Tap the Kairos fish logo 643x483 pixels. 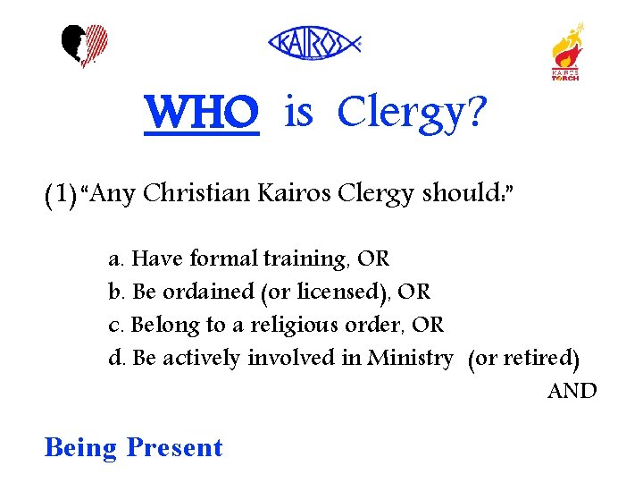pyautogui.click(x=314, y=42)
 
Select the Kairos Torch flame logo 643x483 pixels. pyautogui.click(x=565, y=51)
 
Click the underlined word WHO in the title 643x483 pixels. pyautogui.click(x=202, y=114)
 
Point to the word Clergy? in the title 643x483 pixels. pyautogui.click(x=413, y=114)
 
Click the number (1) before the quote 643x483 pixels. pyautogui.click(x=60, y=193)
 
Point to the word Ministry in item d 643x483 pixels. pyautogui.click(x=410, y=358)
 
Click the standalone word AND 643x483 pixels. pyautogui.click(x=572, y=391)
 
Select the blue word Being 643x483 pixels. pyautogui.click(x=80, y=446)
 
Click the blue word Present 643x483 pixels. pyautogui.click(x=174, y=446)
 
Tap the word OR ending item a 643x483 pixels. pyautogui.click(x=373, y=259)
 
